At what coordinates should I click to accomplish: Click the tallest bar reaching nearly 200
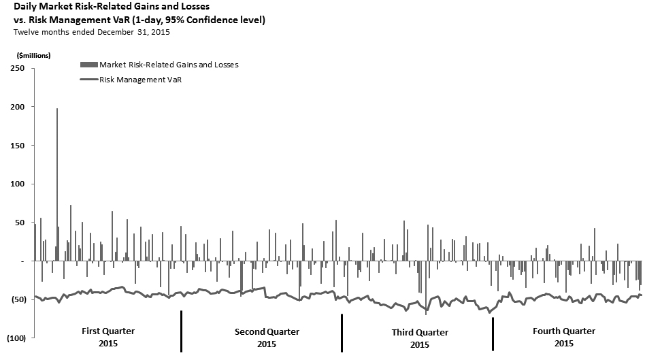coord(57,184)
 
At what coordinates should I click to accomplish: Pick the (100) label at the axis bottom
coord(16,338)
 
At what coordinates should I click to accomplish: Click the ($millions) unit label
coord(30,55)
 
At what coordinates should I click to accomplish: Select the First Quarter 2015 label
coord(108,337)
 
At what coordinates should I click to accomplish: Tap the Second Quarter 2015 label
coord(267,338)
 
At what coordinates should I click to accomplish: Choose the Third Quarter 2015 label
coord(420,338)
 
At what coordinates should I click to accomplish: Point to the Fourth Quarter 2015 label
coord(564,337)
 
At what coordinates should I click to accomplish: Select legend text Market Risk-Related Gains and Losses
coord(169,65)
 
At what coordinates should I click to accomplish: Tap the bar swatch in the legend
coord(88,65)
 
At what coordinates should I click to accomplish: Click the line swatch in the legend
coord(88,80)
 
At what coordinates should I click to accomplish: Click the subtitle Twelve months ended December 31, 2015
coord(92,32)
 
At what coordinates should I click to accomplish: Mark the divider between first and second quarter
coord(181,331)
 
